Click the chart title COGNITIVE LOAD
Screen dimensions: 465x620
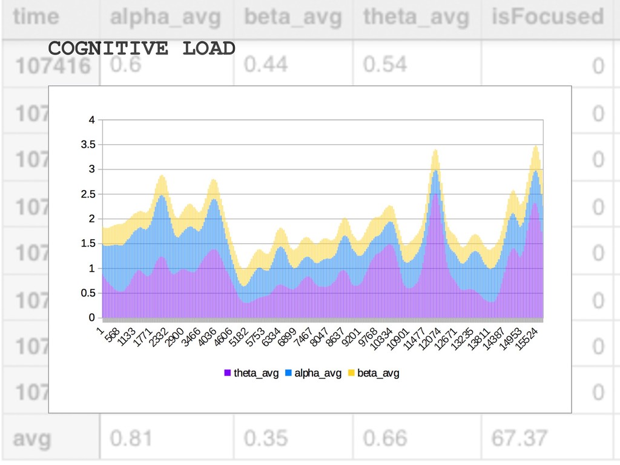[141, 48]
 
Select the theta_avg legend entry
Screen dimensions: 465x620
[251, 373]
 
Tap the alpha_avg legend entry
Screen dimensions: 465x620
[313, 373]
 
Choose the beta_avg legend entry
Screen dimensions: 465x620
[374, 373]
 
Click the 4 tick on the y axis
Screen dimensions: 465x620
[92, 120]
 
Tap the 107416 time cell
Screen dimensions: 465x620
[51, 65]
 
